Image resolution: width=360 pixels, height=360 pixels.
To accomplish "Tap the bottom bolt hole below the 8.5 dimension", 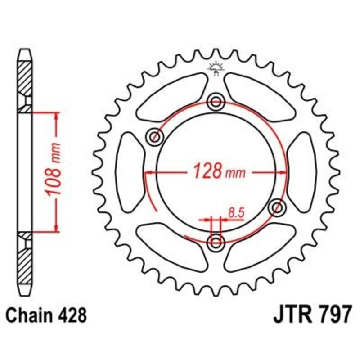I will click(217, 243).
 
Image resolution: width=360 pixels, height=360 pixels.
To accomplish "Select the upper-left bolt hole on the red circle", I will click(156, 136).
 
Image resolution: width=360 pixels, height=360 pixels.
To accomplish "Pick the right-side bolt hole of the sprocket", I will click(278, 208).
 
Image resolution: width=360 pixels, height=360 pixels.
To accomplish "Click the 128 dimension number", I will click(207, 171).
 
